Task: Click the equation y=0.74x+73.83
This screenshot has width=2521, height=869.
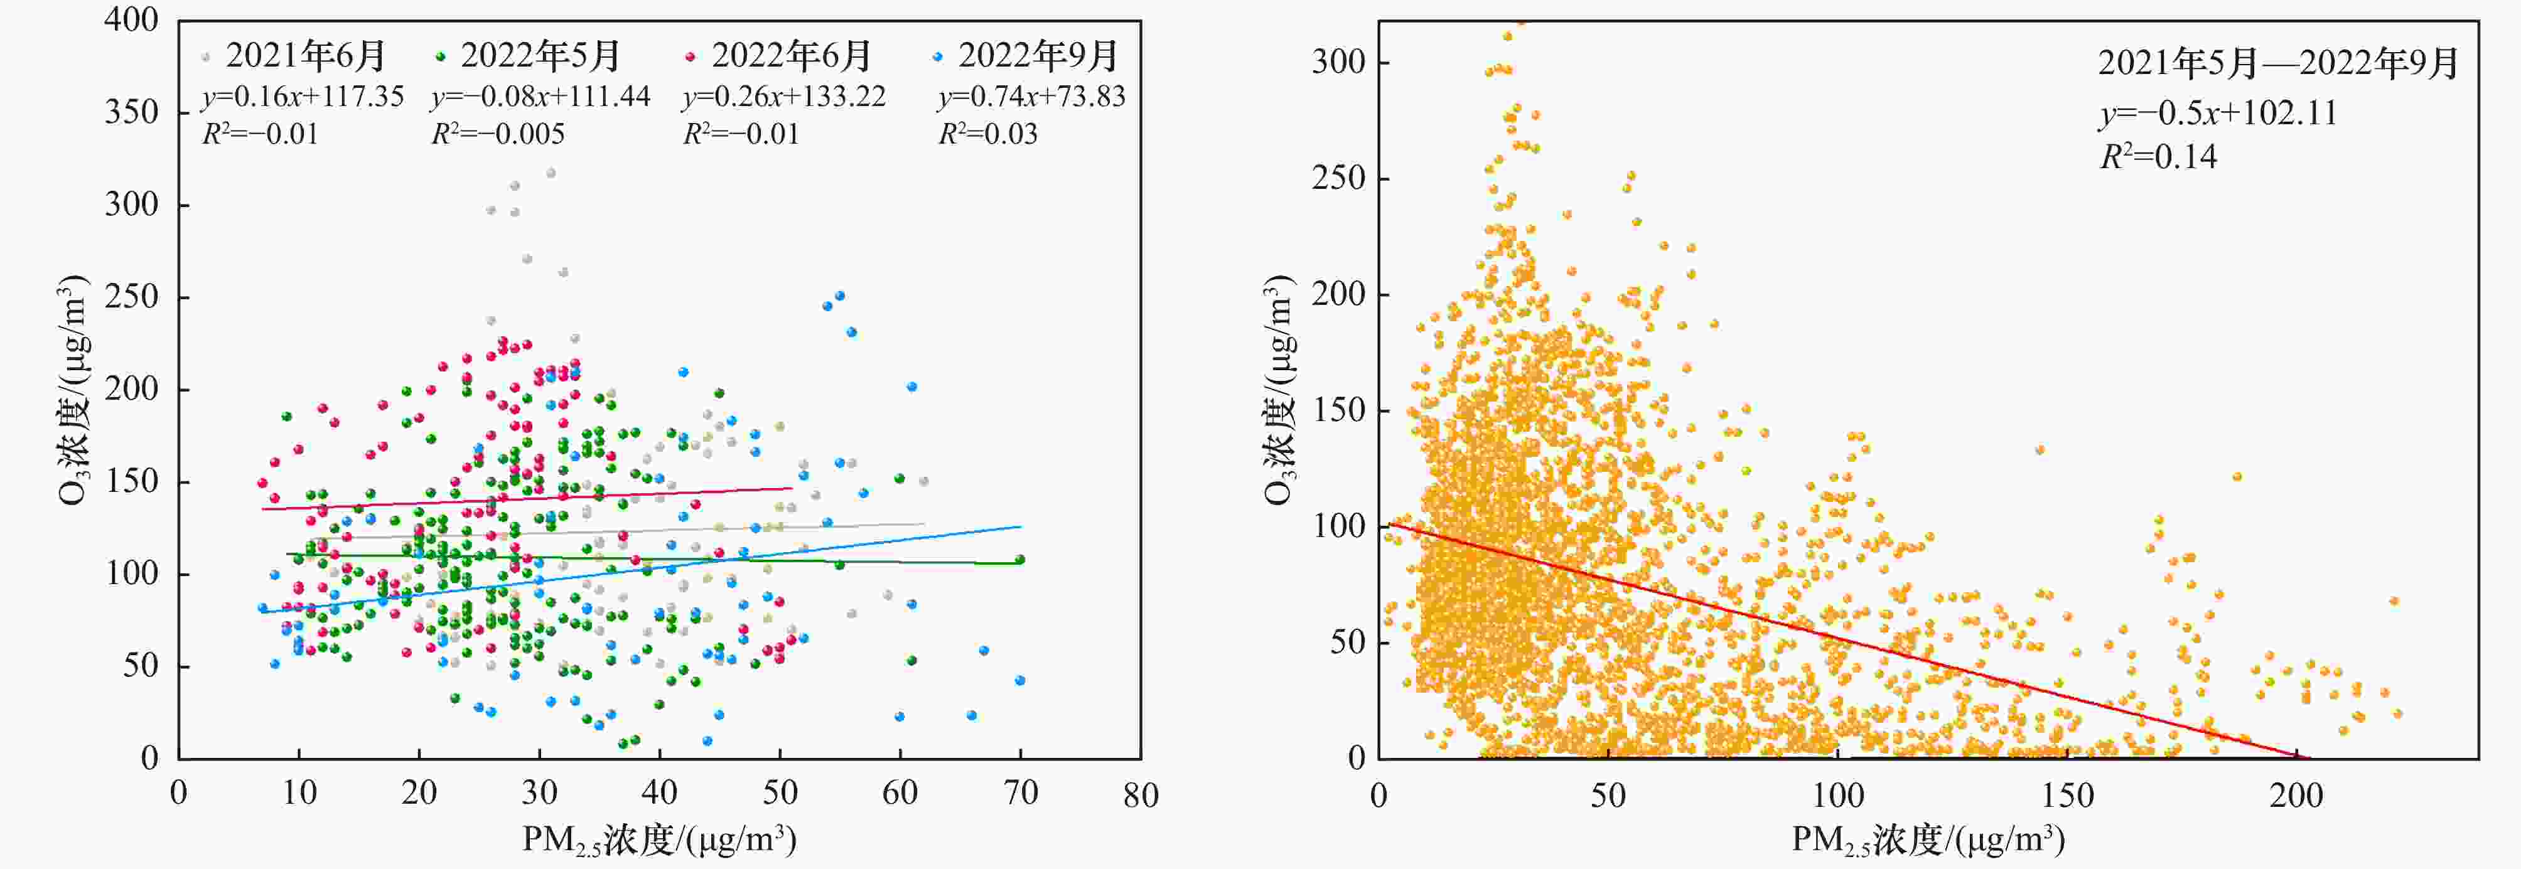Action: [1031, 96]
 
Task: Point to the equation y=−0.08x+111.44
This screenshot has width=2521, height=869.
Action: [540, 96]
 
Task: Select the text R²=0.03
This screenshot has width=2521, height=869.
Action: [989, 133]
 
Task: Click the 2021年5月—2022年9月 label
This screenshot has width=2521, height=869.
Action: [2278, 63]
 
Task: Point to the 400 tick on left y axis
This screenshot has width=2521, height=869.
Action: [132, 19]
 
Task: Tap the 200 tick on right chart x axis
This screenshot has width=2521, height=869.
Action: [2296, 794]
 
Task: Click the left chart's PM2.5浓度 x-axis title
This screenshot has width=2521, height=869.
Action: [658, 840]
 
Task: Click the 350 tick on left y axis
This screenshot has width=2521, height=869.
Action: [132, 112]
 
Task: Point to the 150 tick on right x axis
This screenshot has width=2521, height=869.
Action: [2067, 794]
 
